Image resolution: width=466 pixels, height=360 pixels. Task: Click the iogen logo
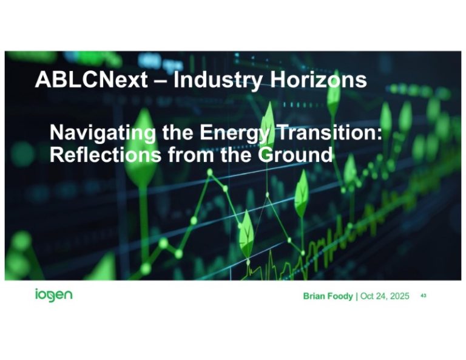click(x=53, y=296)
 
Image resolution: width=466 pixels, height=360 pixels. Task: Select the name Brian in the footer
click(x=316, y=296)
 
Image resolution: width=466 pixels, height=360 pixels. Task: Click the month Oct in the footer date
click(x=368, y=296)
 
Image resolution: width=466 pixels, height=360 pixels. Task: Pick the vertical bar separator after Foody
click(x=357, y=296)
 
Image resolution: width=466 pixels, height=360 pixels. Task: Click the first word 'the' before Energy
click(x=177, y=132)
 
